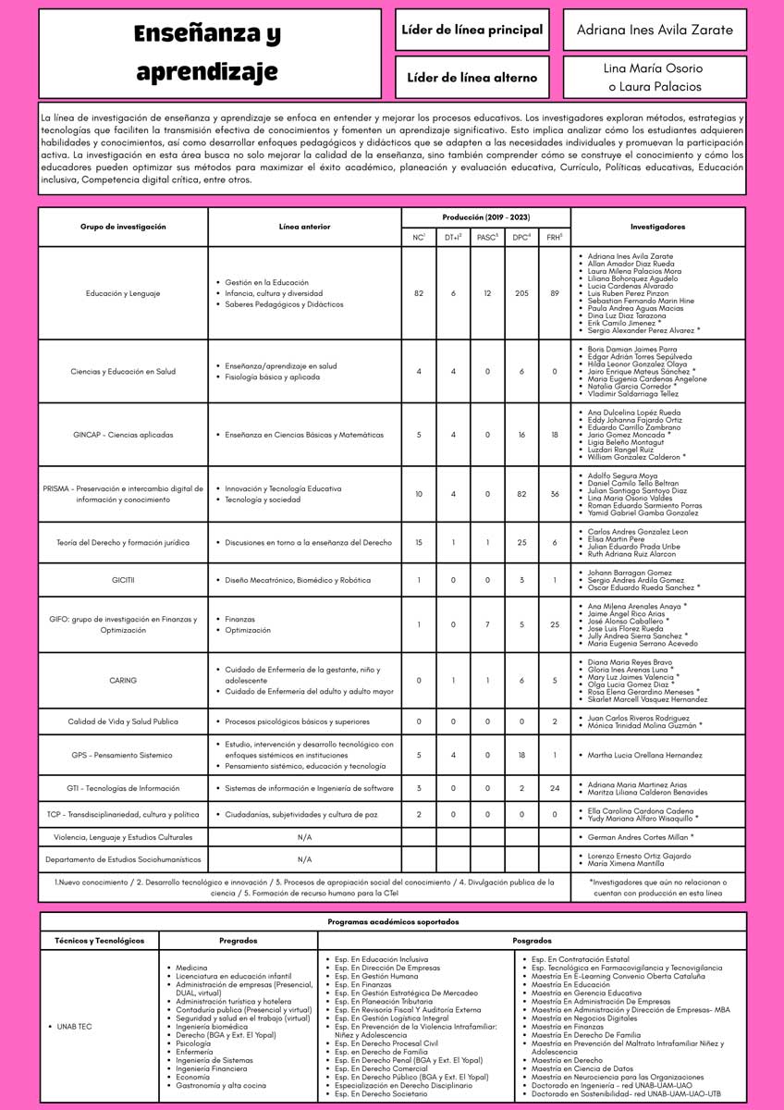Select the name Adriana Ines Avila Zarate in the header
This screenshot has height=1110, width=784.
point(655,30)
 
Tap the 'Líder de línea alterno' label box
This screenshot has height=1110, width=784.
point(472,78)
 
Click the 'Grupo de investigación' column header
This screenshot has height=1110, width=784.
point(123,226)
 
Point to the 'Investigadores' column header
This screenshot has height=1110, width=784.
point(657,226)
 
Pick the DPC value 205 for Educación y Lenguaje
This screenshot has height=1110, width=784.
point(521,293)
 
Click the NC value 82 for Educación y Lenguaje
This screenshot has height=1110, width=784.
point(419,293)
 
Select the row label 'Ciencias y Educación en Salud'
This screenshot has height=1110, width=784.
point(123,371)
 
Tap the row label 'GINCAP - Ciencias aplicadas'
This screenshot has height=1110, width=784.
point(123,434)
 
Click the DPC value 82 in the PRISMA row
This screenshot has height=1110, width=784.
point(521,494)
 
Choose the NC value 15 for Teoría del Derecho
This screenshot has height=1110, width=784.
point(419,542)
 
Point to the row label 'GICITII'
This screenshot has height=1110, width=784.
point(123,579)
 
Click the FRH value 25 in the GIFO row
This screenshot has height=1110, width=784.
point(555,624)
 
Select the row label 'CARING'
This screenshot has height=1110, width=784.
point(123,680)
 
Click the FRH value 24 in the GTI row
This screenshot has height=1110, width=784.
point(555,788)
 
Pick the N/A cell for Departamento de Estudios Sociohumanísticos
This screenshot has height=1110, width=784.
point(304,859)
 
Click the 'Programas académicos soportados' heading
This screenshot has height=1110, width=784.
point(392,921)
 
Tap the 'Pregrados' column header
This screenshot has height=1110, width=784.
point(238,940)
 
